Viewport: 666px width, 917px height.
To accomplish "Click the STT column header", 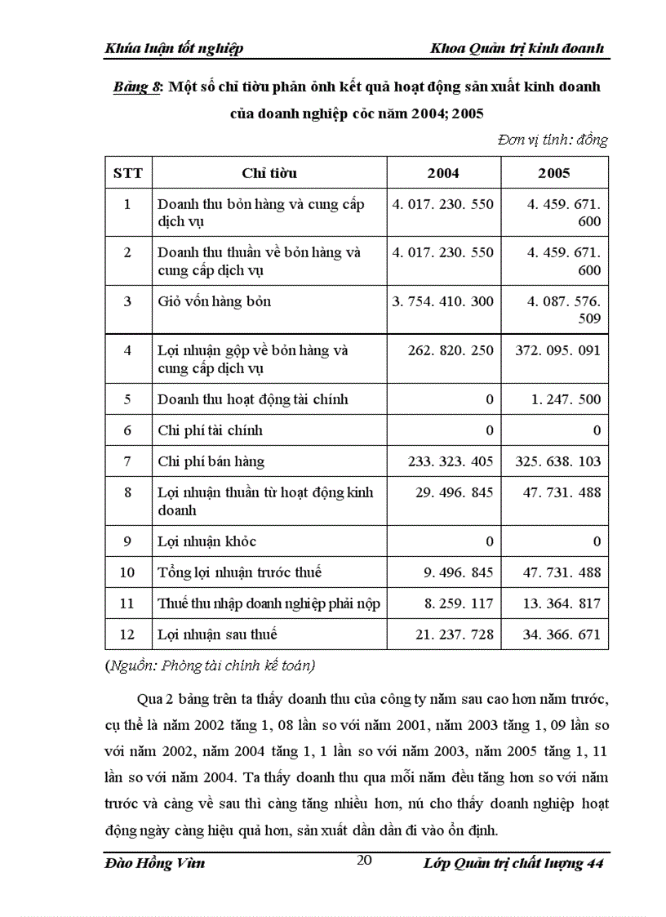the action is pos(127,173).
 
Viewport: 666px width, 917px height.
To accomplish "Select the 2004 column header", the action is pos(443,173).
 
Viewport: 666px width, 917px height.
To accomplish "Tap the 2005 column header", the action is pos(554,173).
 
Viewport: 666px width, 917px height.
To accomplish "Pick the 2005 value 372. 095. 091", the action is pos(558,351).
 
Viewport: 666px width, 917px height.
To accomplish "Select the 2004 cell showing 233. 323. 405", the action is pos(451,461).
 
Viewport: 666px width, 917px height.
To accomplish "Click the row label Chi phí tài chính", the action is pos(210,430).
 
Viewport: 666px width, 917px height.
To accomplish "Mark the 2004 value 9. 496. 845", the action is pos(459,572).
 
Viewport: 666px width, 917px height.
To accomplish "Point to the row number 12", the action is pos(127,634).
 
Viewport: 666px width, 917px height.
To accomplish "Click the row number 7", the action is pos(127,461).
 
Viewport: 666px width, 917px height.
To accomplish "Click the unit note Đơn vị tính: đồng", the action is pos(553,140).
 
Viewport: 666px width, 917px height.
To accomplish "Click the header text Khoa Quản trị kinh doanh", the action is pos(517,49).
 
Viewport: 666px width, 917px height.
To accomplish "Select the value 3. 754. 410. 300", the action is pos(443,301).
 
